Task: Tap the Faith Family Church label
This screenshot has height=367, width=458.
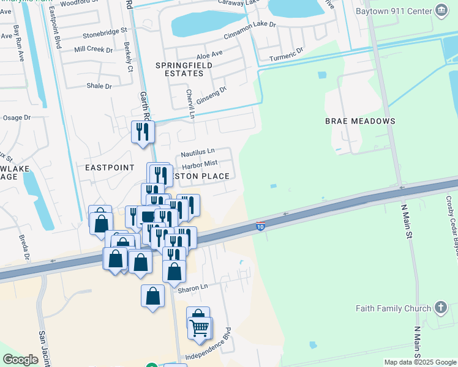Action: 393,308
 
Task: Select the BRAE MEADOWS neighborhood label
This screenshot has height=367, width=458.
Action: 360,121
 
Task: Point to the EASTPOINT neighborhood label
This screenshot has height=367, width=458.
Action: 110,166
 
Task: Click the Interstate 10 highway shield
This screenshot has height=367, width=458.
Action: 261,226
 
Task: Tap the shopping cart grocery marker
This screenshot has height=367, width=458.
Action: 200,328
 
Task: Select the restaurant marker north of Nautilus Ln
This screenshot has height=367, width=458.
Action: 143,132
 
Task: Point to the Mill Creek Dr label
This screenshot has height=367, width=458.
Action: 93,49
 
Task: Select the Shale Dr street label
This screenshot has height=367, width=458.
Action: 99,86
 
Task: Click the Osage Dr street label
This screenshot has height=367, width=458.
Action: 17,117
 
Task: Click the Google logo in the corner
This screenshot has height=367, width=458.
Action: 21,360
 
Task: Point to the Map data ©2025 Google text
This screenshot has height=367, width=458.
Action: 420,362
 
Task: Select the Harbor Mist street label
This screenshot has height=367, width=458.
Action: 200,163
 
